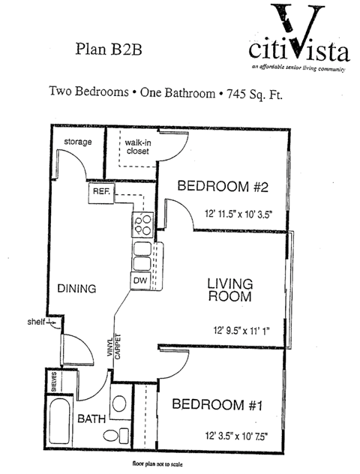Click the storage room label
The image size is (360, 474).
coord(77,142)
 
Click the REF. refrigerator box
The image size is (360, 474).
coord(101,192)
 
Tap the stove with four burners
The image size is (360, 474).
coord(142,223)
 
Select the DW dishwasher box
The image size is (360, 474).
coord(140,280)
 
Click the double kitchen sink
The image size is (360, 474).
coord(142,257)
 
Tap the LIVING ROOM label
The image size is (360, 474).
coord(229,290)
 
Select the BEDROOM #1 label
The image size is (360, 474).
coord(217,405)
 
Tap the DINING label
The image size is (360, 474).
coord(78,288)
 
